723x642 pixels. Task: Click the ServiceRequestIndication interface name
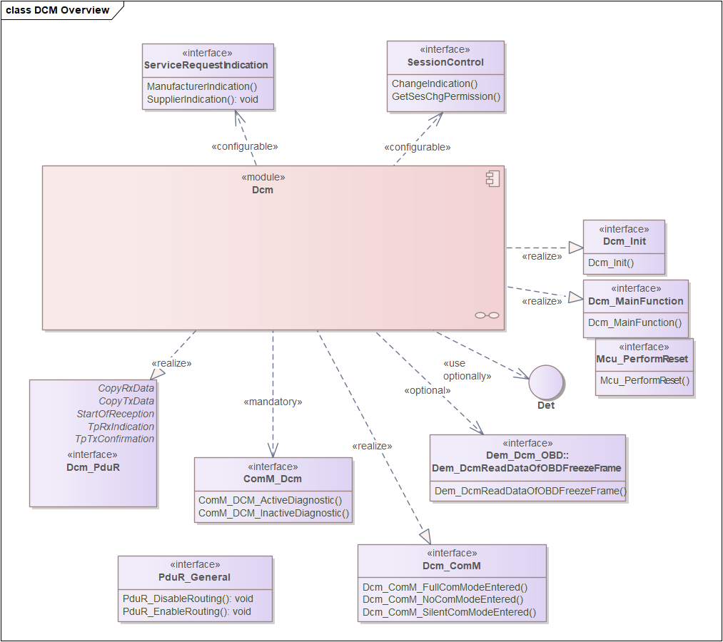point(206,65)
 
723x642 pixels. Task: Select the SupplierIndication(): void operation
point(203,99)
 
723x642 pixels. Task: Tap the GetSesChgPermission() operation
point(446,96)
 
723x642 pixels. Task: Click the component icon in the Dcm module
point(492,178)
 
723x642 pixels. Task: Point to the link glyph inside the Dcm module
point(487,315)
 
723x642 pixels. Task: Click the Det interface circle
point(546,382)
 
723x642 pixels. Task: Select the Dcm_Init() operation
point(611,263)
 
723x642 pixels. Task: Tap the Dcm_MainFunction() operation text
point(634,322)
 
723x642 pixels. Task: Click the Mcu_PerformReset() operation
point(644,380)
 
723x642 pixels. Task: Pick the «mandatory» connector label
point(273,402)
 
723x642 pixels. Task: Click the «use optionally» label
point(467,370)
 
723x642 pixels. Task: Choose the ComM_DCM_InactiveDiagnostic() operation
point(274,513)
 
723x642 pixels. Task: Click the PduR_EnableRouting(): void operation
point(187,611)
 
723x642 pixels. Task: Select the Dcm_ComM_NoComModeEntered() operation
point(443,599)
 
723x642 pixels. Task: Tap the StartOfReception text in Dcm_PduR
point(116,414)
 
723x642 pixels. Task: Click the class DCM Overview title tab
point(58,10)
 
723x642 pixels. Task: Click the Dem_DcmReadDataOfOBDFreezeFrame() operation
point(530,491)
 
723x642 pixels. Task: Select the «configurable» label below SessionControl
point(418,147)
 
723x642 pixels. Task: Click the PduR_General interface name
point(195,577)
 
